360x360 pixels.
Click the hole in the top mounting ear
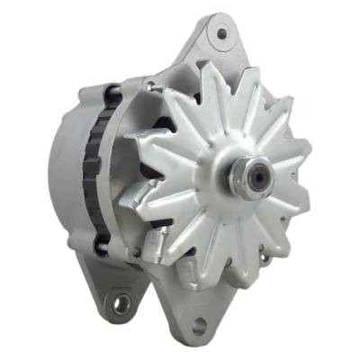pos(221,34)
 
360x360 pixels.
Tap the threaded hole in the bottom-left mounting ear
pos(119,306)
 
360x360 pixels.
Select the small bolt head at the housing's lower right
pos(267,260)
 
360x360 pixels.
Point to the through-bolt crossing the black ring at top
pos(112,94)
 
